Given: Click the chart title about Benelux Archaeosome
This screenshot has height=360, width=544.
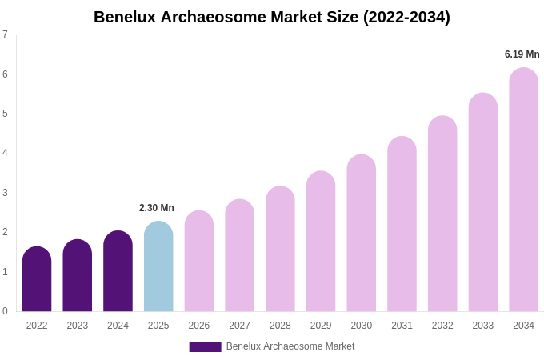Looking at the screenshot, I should tap(272, 17).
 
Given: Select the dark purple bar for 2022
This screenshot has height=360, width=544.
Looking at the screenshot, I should tap(37, 279).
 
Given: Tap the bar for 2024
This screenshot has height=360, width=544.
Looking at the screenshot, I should tap(118, 271).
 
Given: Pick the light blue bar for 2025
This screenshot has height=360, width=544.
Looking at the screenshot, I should tap(158, 266).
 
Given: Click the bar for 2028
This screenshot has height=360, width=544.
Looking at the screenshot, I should tap(280, 249).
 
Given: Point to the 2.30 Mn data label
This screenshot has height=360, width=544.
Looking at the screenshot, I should tap(157, 208).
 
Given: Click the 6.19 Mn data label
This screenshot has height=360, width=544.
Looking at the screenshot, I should tap(522, 54).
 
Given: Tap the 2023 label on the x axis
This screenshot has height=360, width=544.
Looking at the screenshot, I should tap(78, 326).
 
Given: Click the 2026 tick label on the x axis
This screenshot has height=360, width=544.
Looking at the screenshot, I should tap(199, 326).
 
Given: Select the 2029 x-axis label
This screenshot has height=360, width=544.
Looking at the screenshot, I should tap(321, 326).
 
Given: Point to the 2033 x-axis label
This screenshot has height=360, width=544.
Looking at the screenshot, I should tap(482, 326).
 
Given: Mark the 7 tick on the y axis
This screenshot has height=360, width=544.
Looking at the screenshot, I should tap(5, 34).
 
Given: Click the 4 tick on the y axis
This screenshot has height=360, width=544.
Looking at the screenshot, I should tap(5, 153).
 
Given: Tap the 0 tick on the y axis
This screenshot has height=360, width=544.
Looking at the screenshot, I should tap(5, 311).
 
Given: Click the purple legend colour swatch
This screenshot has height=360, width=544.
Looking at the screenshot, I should tap(205, 347).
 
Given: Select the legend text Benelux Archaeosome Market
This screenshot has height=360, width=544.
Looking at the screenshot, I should tap(290, 346).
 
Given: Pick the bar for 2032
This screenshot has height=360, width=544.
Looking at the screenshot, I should tap(442, 214).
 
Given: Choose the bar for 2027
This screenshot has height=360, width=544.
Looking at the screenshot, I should tap(239, 255).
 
